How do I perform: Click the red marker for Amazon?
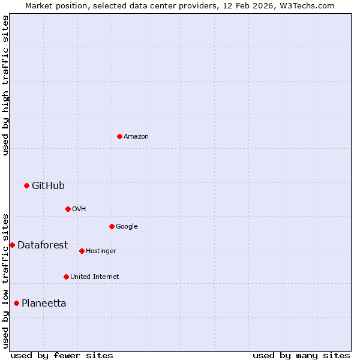pyautogui.click(x=119, y=136)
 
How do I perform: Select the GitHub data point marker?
pyautogui.click(x=26, y=185)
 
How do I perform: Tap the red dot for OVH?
pyautogui.click(x=68, y=209)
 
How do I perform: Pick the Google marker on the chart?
pyautogui.click(x=112, y=226)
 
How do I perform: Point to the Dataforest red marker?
pyautogui.click(x=12, y=245)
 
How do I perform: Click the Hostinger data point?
pyautogui.click(x=82, y=251)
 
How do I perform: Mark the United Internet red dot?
pyautogui.click(x=66, y=277)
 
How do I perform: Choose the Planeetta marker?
pyautogui.click(x=16, y=303)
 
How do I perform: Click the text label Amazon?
pyautogui.click(x=136, y=137)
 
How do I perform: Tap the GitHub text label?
pyautogui.click(x=48, y=186)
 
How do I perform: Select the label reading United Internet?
pyautogui.click(x=94, y=277)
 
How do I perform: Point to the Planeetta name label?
pyautogui.click(x=44, y=304)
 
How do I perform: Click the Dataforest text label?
pyautogui.click(x=43, y=245)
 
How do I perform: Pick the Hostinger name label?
pyautogui.click(x=101, y=251)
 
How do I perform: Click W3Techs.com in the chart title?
pyautogui.click(x=310, y=5)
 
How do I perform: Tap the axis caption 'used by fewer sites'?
pyautogui.click(x=62, y=355)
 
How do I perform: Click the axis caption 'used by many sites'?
pyautogui.click(x=301, y=355)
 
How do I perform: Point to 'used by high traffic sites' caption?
pyautogui.click(x=5, y=85)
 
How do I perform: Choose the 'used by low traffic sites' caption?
pyautogui.click(x=5, y=280)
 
